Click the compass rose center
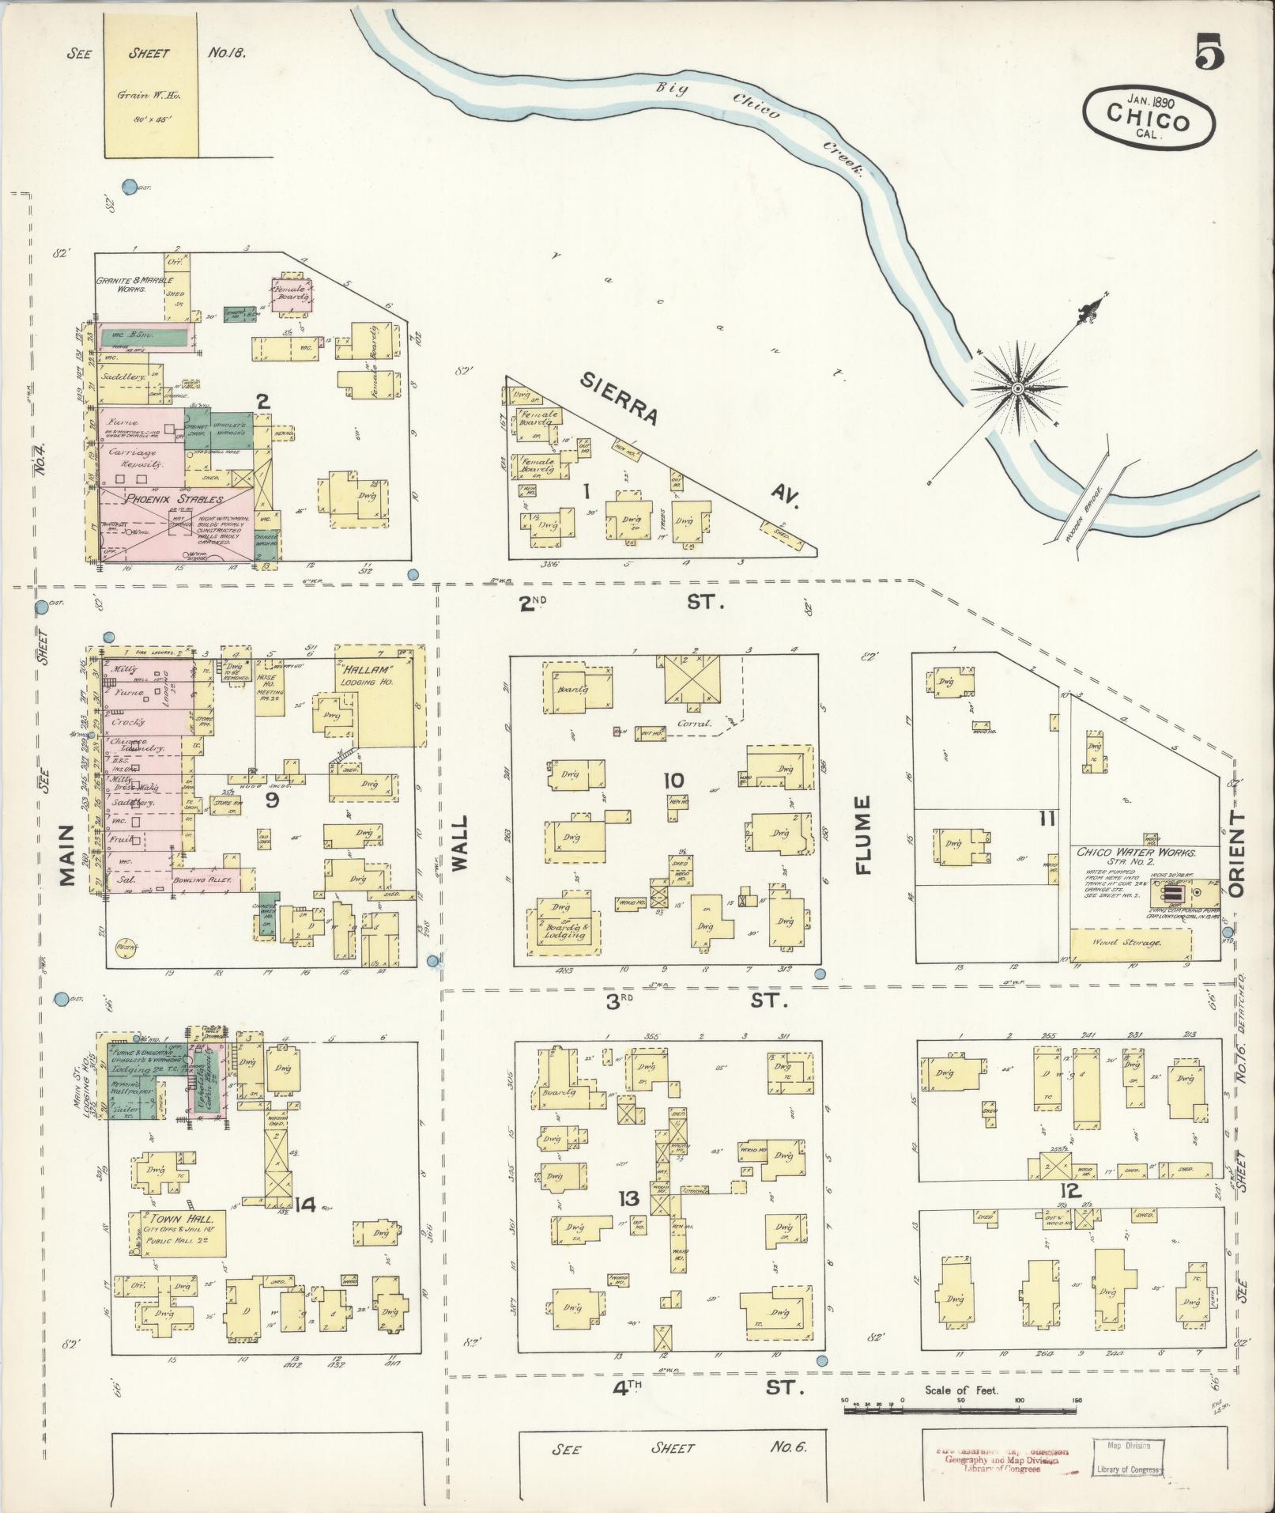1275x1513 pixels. coord(1018,388)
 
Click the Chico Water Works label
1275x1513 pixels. coord(1135,853)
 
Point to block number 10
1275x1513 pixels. coord(673,781)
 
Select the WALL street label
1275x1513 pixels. coord(460,844)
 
